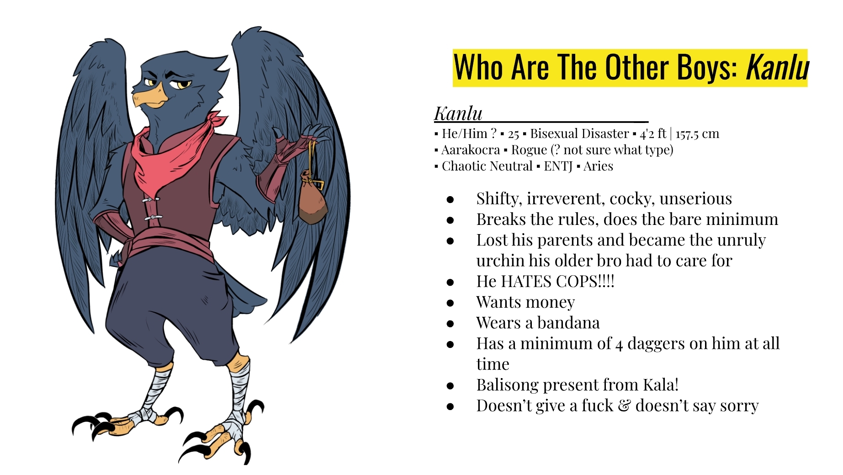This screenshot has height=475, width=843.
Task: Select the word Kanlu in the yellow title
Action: (777, 68)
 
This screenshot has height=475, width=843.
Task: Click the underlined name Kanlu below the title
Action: (458, 113)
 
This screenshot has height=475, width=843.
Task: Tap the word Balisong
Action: (507, 385)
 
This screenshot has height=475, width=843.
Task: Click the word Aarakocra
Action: (470, 150)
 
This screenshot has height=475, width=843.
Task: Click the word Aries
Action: (598, 166)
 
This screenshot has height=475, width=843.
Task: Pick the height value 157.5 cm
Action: (697, 133)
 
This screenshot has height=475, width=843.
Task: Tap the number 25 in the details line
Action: (514, 134)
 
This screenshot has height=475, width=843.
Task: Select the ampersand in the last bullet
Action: (624, 406)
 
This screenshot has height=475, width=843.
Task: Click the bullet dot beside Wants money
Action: (451, 303)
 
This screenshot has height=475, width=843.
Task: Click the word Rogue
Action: (529, 150)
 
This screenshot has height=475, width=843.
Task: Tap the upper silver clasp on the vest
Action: (151, 200)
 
